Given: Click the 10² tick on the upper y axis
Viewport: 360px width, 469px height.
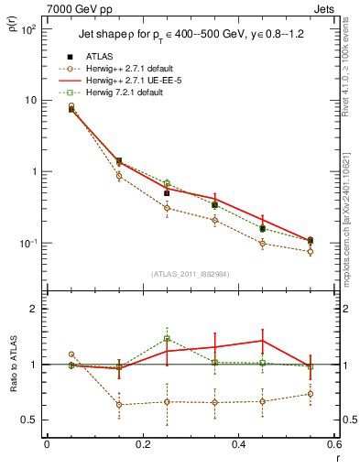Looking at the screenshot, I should [x=29, y=29].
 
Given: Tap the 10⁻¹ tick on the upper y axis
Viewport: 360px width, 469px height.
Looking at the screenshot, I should [x=29, y=243].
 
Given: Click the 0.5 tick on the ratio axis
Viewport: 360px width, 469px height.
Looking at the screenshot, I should [x=29, y=420].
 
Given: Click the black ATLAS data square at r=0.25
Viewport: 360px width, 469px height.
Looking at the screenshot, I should [x=167, y=192].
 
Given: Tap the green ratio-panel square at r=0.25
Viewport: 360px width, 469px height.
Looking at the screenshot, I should [x=167, y=338].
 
